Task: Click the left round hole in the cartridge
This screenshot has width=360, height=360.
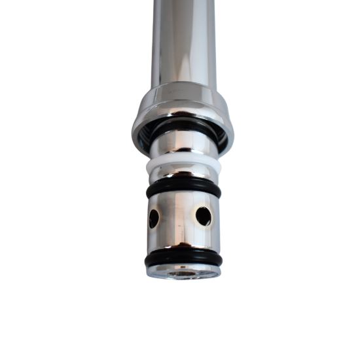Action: pos(154,219)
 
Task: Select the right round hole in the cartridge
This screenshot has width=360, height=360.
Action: pos(204,216)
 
